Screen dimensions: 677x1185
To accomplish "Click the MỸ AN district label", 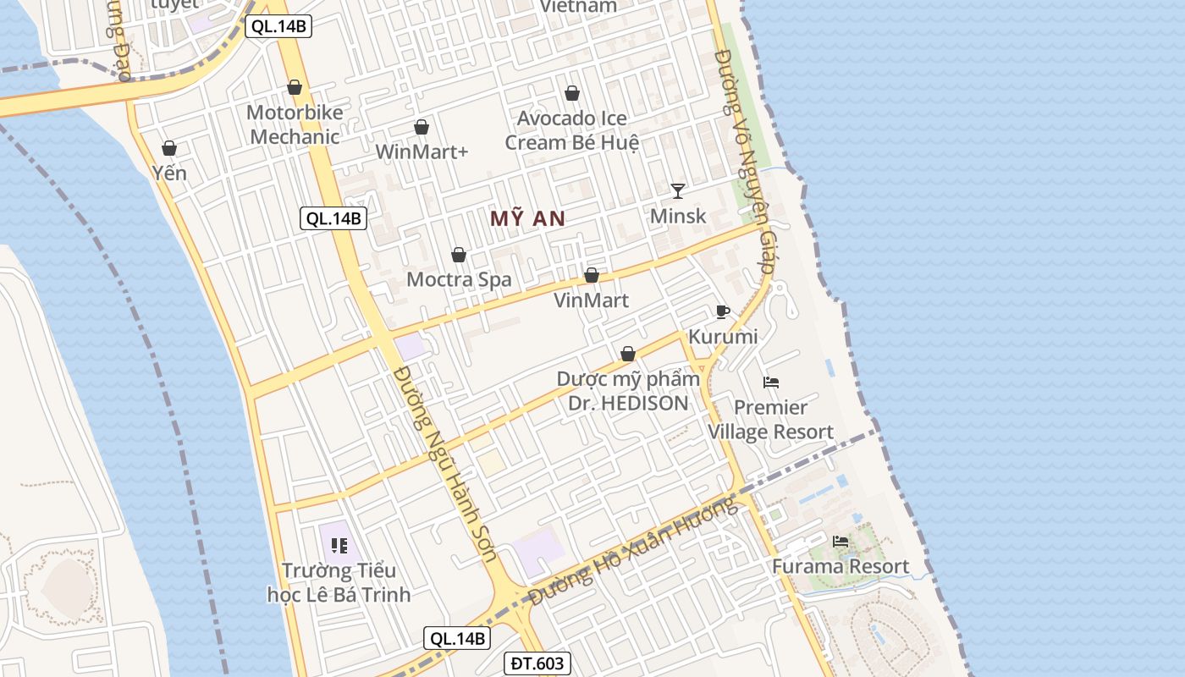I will [527, 218].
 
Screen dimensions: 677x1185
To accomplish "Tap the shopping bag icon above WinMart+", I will [422, 127].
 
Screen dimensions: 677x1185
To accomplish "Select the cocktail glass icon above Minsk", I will [677, 190].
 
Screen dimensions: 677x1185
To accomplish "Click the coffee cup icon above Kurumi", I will [722, 311].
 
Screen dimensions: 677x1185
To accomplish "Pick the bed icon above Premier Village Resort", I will [770, 383].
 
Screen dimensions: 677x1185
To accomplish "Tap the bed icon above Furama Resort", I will [841, 542].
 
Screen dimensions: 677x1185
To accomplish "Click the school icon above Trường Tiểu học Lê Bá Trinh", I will [339, 546].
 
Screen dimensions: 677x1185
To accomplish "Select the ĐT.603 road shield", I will [537, 663].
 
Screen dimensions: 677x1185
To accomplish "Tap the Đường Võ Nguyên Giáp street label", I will [745, 161].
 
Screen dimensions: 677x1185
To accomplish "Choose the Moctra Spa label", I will [459, 279].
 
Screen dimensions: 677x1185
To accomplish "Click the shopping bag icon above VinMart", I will [592, 275].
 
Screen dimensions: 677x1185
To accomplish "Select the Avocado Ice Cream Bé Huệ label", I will [571, 130].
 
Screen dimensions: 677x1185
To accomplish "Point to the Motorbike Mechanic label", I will [295, 124].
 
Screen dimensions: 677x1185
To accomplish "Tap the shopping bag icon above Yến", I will [169, 148].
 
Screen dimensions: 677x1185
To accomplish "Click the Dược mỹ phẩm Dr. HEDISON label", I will [628, 391].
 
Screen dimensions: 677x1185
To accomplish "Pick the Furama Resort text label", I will [841, 566].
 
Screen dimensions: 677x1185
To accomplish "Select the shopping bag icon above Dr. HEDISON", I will [628, 354].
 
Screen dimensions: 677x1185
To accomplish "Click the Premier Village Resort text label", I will [770, 420].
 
